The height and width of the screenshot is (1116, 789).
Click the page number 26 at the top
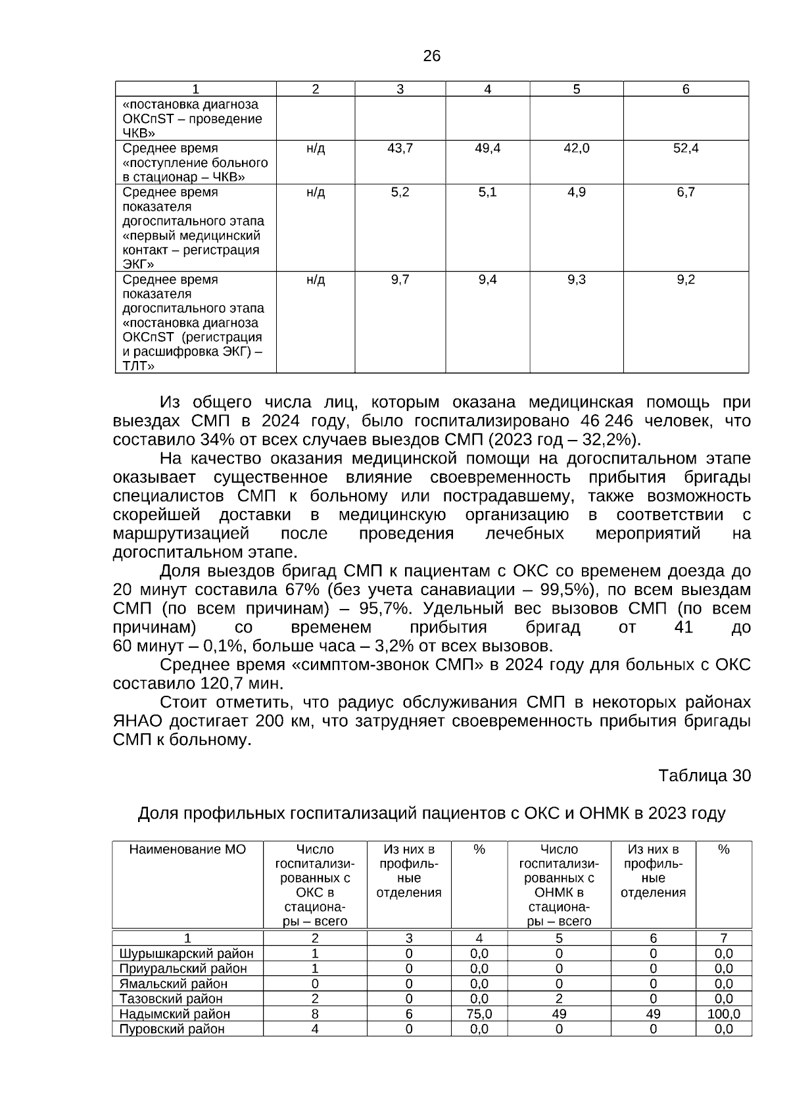(x=431, y=56)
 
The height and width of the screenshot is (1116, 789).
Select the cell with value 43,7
(x=400, y=149)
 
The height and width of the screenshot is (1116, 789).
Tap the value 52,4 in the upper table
(x=686, y=149)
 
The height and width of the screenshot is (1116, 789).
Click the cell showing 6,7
(x=686, y=192)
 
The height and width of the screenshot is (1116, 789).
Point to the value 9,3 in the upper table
(x=577, y=279)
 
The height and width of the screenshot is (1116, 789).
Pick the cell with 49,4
(x=487, y=149)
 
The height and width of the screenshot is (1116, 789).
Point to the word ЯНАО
(x=137, y=721)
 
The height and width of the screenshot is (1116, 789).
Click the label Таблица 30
(x=704, y=776)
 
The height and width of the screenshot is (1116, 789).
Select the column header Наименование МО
(x=187, y=850)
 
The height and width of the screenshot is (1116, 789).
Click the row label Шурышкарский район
(x=187, y=954)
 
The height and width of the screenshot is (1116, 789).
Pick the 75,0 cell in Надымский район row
(x=479, y=1014)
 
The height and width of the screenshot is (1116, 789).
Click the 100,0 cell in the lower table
(x=723, y=1014)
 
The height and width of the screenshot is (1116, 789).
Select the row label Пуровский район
(x=172, y=1029)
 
